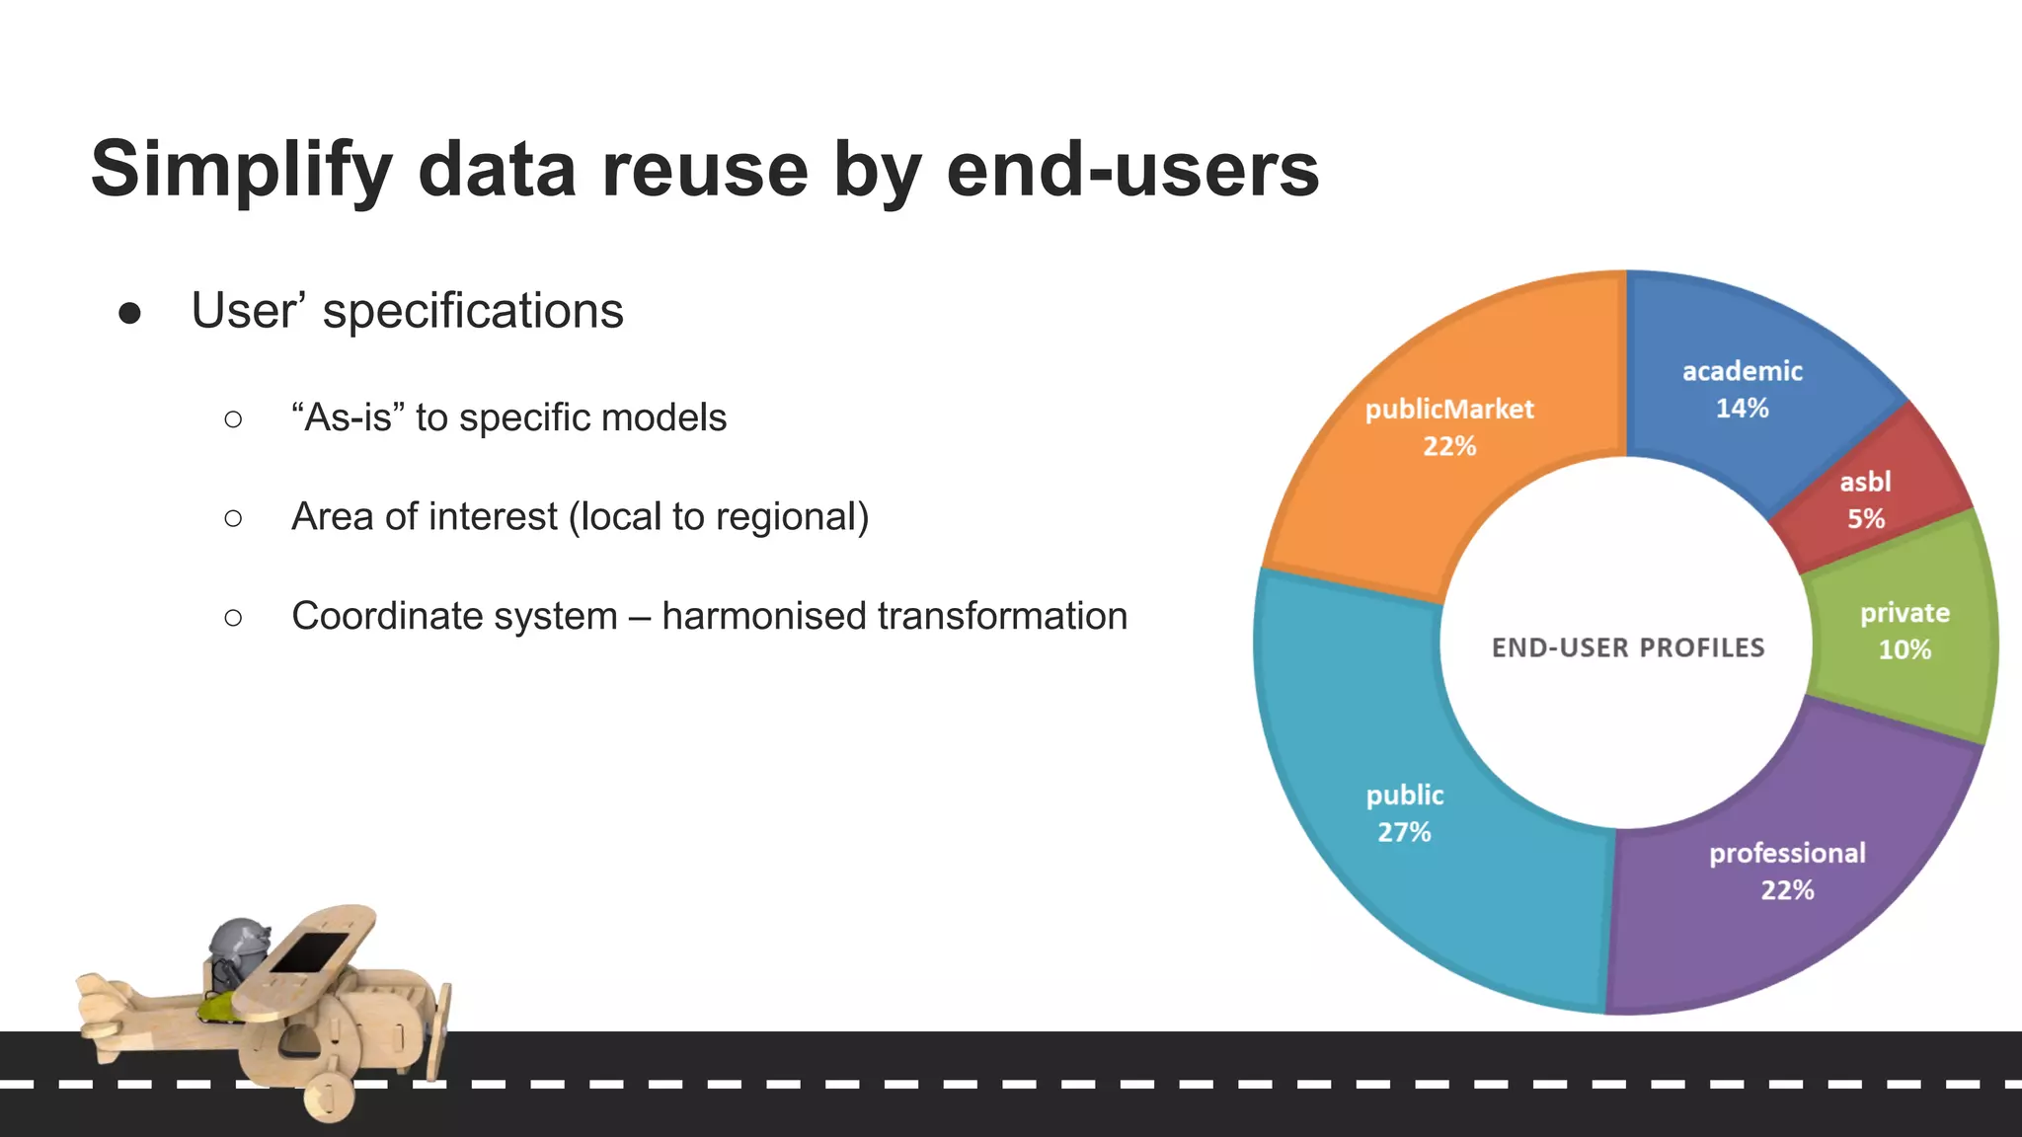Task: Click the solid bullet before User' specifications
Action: tap(129, 314)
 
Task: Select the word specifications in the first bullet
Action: tap(473, 312)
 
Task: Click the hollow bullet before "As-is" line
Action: tap(233, 419)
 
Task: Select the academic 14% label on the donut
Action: tap(1742, 389)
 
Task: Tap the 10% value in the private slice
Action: tap(1905, 649)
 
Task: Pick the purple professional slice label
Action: tap(1787, 853)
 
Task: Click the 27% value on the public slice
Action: tap(1404, 832)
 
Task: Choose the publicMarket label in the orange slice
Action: tap(1449, 410)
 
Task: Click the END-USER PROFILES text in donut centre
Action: tap(1627, 647)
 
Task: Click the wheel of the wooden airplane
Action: tap(329, 1096)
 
